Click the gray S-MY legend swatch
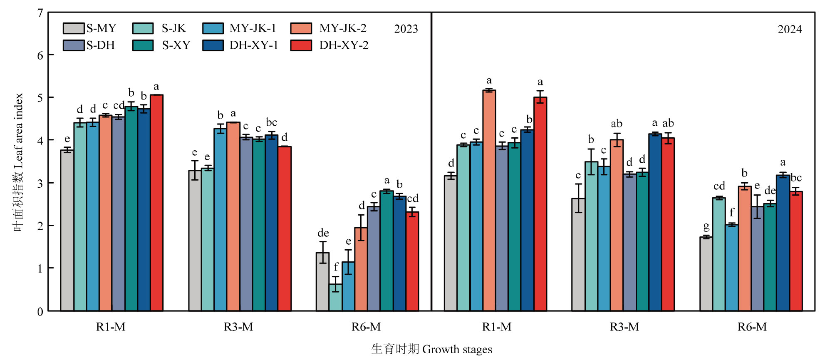[x=74, y=28]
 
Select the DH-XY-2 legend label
[x=344, y=45]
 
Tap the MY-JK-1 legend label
[x=253, y=28]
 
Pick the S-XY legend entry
[x=176, y=45]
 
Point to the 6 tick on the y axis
[x=40, y=55]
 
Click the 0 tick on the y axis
[x=40, y=311]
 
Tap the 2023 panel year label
[x=406, y=29]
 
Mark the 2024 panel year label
[x=790, y=30]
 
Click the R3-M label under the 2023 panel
[x=238, y=327]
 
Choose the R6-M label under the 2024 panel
[x=752, y=327]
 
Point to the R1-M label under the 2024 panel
[x=497, y=327]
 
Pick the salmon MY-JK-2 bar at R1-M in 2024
[x=489, y=200]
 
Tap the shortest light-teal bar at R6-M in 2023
[x=335, y=297]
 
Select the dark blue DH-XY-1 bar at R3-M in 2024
[x=655, y=222]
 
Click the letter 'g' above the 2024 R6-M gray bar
[x=706, y=227]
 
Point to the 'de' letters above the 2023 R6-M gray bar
[x=323, y=233]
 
